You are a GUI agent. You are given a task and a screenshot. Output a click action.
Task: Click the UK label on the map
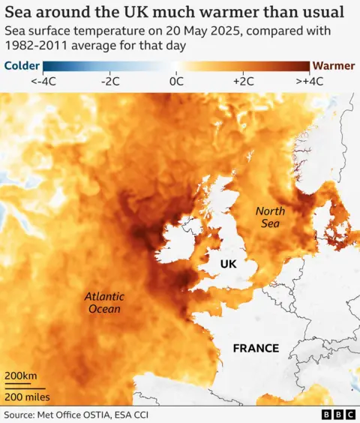pos(228,264)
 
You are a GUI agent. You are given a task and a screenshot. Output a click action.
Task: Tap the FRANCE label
pos(256,348)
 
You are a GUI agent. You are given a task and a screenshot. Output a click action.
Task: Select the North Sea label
pos(270,217)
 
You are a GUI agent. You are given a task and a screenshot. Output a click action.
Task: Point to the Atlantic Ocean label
pos(103,302)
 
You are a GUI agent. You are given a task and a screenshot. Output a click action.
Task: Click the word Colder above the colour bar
pos(22,65)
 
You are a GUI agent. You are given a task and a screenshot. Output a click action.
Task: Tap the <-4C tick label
pos(45,81)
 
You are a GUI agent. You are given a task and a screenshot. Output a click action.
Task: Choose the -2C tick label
pos(110,81)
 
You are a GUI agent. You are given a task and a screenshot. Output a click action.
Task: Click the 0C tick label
pos(177,81)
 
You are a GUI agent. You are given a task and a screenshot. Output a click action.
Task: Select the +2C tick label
pos(244,81)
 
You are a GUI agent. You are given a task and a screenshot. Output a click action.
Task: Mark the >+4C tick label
pos(310,81)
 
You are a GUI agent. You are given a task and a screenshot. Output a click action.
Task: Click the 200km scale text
pos(21,375)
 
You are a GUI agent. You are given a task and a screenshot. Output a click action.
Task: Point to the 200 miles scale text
pos(27,396)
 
